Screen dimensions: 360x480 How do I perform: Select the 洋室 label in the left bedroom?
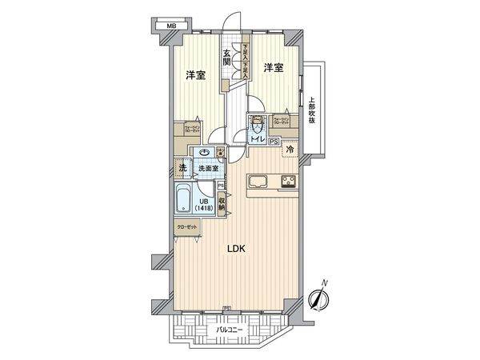(x=196, y=75)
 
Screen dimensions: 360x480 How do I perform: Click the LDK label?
(x=234, y=249)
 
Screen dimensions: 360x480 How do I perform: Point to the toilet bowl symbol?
(x=258, y=126)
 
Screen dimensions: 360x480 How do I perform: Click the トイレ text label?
(x=258, y=141)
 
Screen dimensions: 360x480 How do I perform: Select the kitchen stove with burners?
(x=287, y=179)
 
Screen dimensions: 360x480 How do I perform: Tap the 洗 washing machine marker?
(x=182, y=168)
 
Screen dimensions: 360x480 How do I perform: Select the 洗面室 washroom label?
(x=210, y=169)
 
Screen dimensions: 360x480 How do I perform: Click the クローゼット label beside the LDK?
(x=187, y=227)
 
